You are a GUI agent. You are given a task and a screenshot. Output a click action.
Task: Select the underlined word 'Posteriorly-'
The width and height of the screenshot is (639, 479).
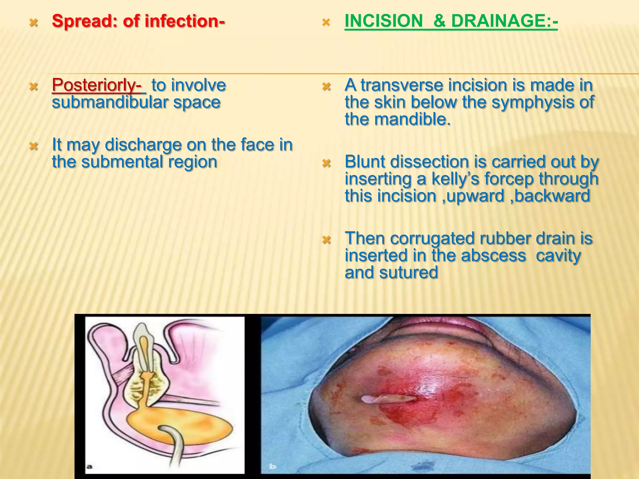point(97,85)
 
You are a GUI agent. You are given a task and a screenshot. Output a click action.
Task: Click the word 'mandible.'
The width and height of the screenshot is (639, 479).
point(412,119)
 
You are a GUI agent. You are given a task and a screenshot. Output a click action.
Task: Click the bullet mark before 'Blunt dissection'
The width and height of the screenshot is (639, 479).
point(326,163)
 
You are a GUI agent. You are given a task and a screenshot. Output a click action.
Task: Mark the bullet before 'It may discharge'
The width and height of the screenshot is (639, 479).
point(33,146)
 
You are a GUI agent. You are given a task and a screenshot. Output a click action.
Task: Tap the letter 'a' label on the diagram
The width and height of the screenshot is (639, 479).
point(89,466)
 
